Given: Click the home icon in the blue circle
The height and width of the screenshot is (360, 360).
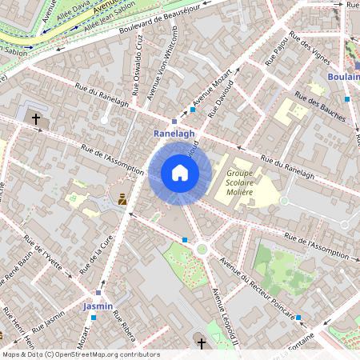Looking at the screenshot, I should pyautogui.click(x=180, y=173).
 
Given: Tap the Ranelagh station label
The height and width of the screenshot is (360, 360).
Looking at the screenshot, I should pyautogui.click(x=174, y=134).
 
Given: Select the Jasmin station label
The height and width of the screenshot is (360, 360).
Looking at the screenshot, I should pyautogui.click(x=98, y=306).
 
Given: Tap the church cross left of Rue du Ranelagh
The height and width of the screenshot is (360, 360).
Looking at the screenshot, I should pyautogui.click(x=35, y=119).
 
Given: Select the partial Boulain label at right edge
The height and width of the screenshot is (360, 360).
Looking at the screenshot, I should pyautogui.click(x=344, y=77).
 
